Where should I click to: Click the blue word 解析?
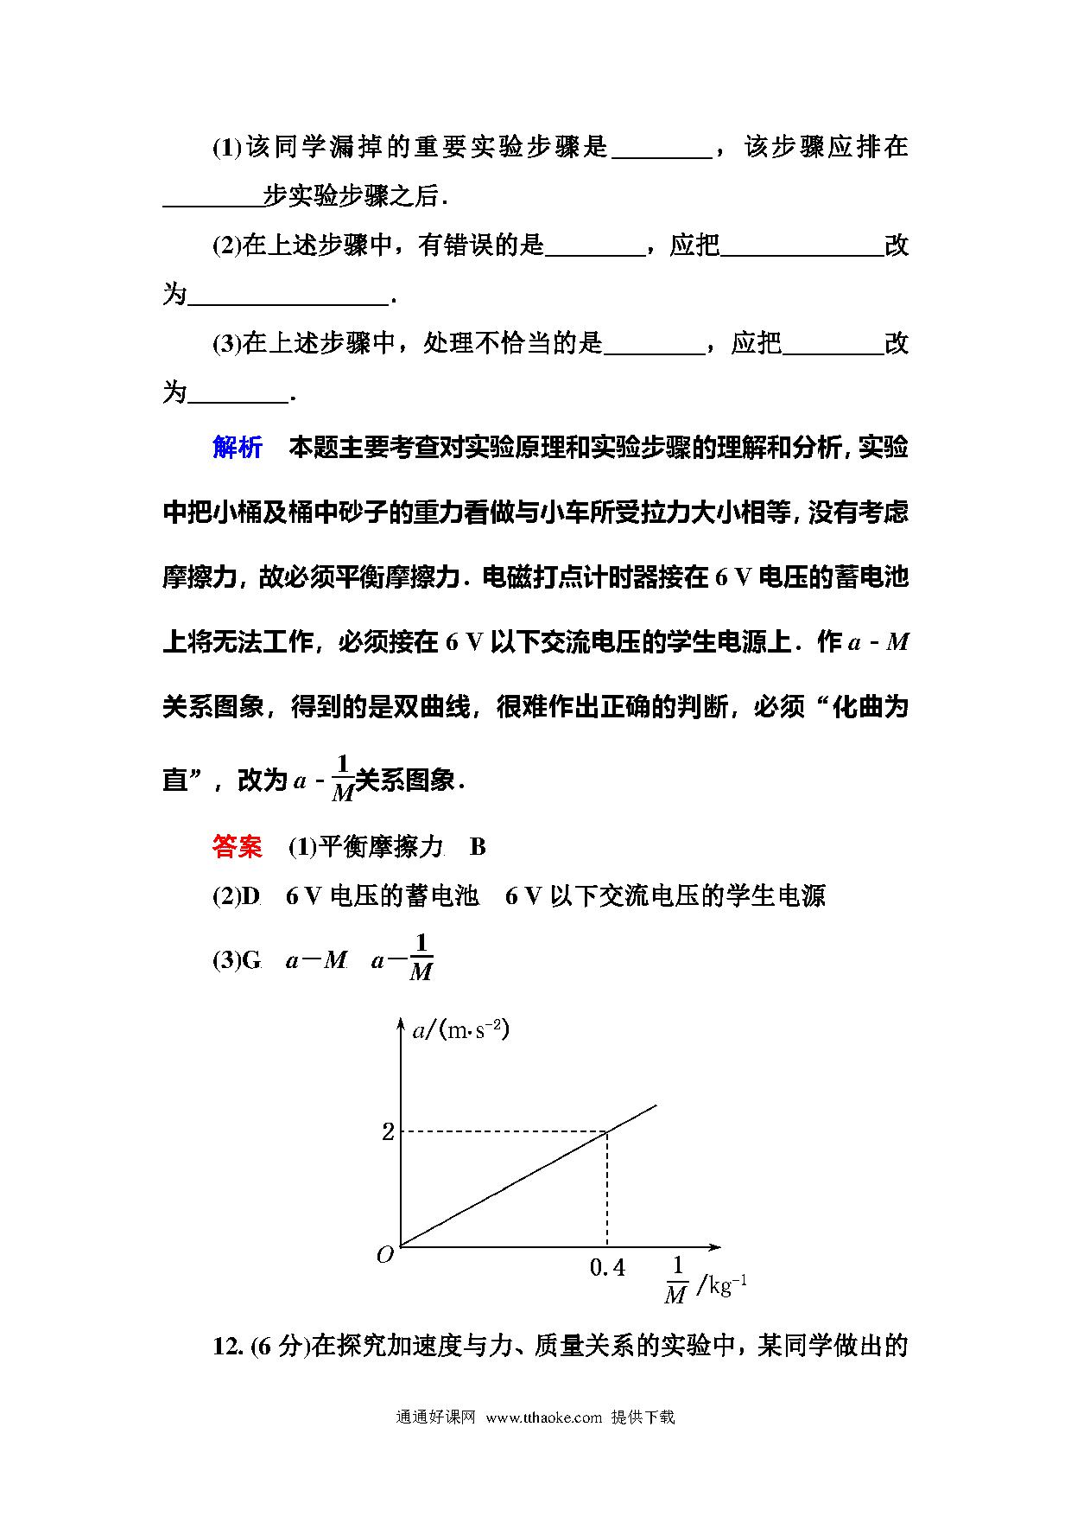click(x=237, y=448)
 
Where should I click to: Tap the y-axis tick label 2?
click(x=388, y=1131)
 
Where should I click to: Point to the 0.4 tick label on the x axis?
click(x=607, y=1268)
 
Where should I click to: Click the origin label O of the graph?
click(x=385, y=1255)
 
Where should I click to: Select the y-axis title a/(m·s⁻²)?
click(x=460, y=1030)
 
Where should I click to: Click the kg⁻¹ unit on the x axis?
click(x=727, y=1286)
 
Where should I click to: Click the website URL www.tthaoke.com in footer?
click(x=543, y=1417)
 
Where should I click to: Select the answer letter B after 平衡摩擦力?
click(x=478, y=847)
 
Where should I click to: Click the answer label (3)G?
click(x=237, y=960)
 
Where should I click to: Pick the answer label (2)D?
click(x=237, y=896)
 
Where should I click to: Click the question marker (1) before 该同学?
click(x=227, y=148)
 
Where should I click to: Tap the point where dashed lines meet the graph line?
click(x=607, y=1131)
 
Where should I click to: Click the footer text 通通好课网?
click(x=436, y=1417)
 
